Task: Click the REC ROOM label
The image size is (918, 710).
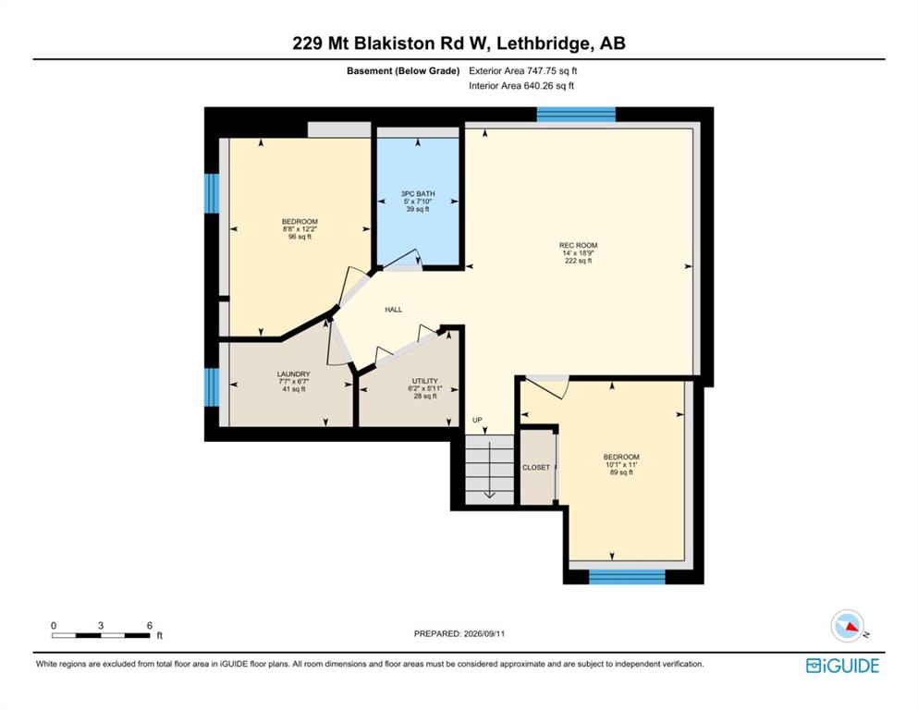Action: coord(578,245)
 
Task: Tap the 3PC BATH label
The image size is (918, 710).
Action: coord(418,194)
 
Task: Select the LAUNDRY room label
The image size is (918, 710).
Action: coord(293,374)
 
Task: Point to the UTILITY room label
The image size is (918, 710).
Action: coord(424,381)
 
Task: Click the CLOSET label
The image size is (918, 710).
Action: coord(536,467)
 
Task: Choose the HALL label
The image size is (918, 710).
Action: coord(394,310)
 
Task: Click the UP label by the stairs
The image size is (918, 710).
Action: coord(477,420)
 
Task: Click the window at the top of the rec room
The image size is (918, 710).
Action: coord(576,114)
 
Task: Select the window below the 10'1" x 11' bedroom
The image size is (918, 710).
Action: coord(627,577)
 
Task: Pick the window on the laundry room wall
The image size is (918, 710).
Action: coord(212,387)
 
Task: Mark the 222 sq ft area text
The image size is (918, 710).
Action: coord(578,261)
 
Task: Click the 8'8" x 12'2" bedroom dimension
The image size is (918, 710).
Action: coord(300,229)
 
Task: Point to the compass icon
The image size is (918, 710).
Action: coord(848,626)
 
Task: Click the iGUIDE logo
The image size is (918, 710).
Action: coord(842,666)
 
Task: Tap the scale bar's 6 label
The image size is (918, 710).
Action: coord(149,625)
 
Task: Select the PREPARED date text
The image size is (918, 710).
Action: coord(459,633)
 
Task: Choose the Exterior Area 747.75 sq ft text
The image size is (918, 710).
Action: coord(523,71)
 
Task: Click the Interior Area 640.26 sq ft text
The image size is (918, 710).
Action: coord(521,85)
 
